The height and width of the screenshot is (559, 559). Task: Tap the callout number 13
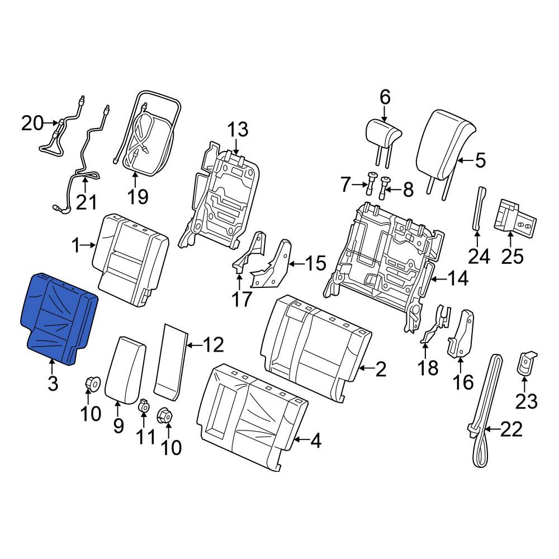tap(238, 130)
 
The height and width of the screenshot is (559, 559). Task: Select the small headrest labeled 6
tap(383, 143)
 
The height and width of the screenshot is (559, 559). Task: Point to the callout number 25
tap(512, 257)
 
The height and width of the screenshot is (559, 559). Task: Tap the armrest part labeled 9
tap(125, 370)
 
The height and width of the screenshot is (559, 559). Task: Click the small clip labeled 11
tap(143, 405)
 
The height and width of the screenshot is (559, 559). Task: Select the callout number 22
tap(511, 429)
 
